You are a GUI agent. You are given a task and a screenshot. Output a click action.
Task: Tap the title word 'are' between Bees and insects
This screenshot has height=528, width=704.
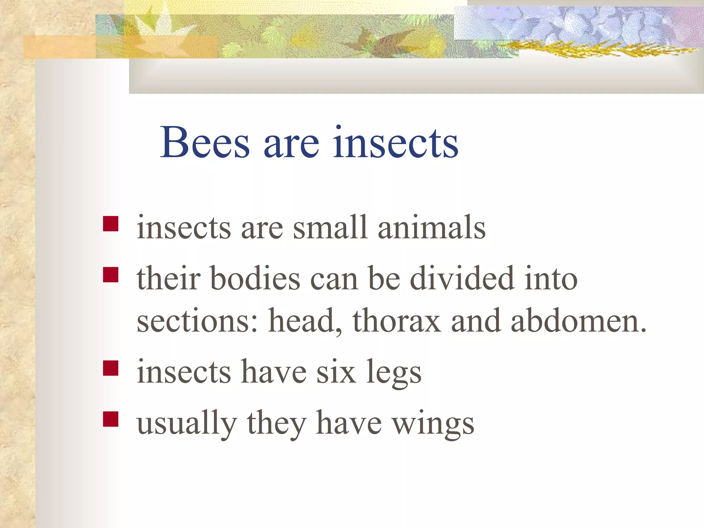pos(291,144)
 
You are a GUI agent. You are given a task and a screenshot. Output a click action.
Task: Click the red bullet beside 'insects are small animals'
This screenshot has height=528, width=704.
pos(111,224)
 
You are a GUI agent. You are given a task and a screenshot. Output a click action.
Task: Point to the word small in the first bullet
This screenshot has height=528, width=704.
pos(330,227)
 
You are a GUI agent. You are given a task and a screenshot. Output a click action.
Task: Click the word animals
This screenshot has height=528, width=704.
pos(431,227)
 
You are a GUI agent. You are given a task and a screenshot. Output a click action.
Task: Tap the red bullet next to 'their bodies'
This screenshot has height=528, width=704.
pos(111,275)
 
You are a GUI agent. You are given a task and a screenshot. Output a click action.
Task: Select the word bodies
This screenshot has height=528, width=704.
pos(255,278)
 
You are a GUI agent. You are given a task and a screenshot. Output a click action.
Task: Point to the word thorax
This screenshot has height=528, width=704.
pos(396,321)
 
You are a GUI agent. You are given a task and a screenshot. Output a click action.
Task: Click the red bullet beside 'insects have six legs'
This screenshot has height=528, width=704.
pos(111,368)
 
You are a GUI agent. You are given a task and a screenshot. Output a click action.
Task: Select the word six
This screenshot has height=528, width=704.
pos(336,372)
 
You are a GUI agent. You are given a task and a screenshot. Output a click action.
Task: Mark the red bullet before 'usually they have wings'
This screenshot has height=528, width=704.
pos(111,419)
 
